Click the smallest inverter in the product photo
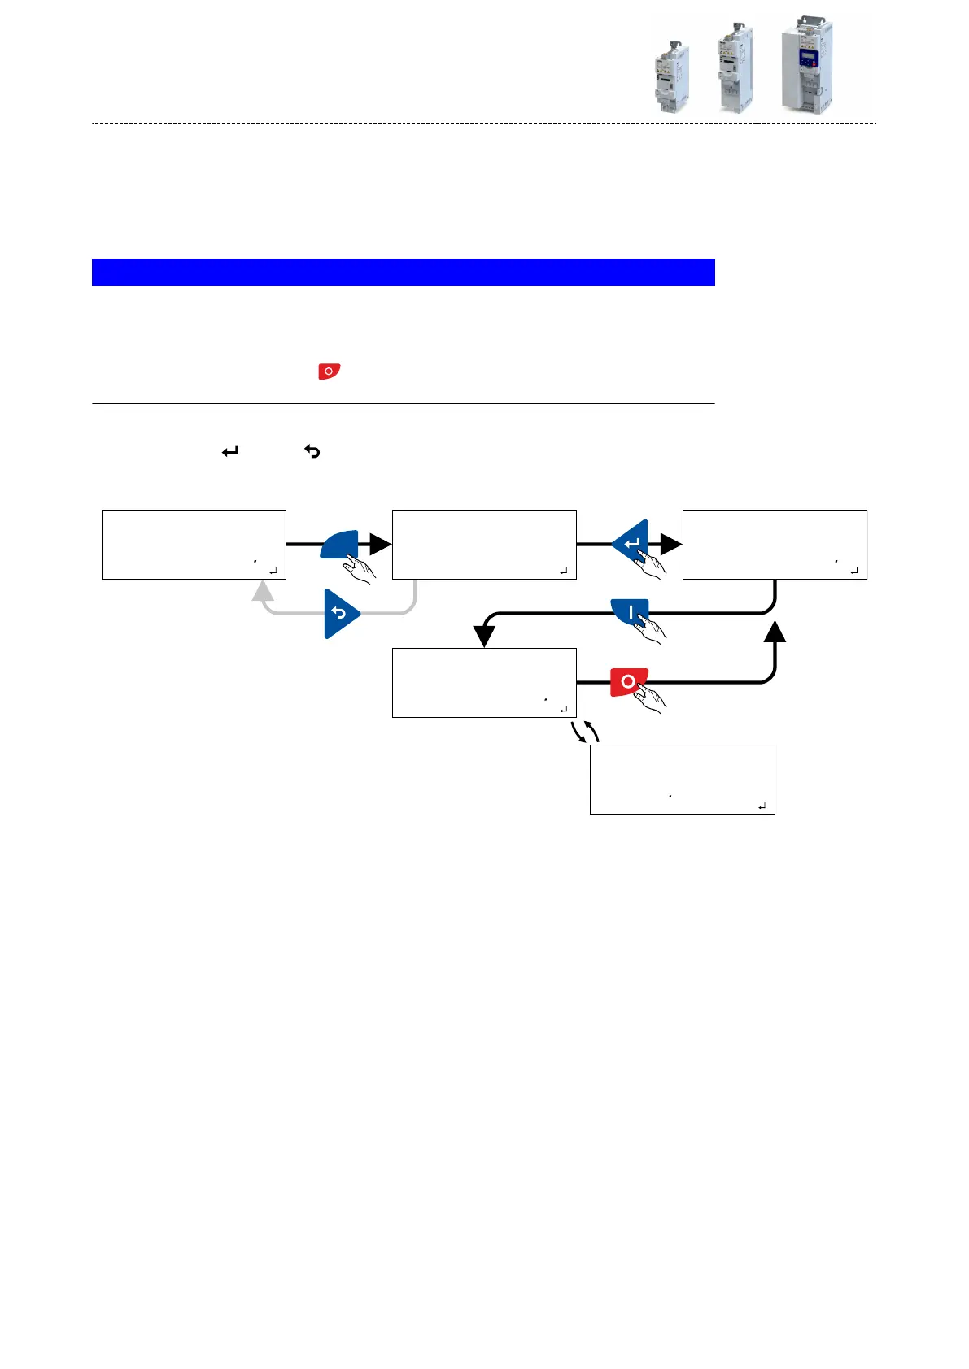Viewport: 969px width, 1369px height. pyautogui.click(x=672, y=77)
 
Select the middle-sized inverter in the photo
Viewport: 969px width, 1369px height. pyautogui.click(x=735, y=68)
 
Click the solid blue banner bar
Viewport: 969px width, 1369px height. pyautogui.click(x=403, y=272)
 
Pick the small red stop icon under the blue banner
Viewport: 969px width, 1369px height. pyautogui.click(x=329, y=372)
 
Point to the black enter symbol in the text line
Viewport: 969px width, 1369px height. pyautogui.click(x=230, y=451)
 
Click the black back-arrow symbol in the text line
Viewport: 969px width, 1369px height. pyautogui.click(x=312, y=451)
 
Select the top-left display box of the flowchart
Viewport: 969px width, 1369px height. pyautogui.click(x=194, y=545)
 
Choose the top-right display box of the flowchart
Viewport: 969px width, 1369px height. pyautogui.click(x=775, y=545)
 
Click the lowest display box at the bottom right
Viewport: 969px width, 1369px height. pyautogui.click(x=682, y=779)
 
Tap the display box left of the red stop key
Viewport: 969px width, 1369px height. pyautogui.click(x=484, y=683)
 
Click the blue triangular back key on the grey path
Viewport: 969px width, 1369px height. pyautogui.click(x=339, y=614)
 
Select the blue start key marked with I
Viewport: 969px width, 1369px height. pyautogui.click(x=631, y=612)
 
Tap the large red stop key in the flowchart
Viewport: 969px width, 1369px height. pyautogui.click(x=629, y=681)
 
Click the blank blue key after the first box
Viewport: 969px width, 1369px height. pyautogui.click(x=340, y=544)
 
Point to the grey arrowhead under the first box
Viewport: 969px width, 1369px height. pyautogui.click(x=263, y=591)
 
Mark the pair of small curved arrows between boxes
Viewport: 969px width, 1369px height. pyautogui.click(x=585, y=731)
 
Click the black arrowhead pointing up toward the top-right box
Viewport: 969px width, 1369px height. pyautogui.click(x=775, y=632)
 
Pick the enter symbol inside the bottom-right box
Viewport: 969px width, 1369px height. pyautogui.click(x=762, y=806)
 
